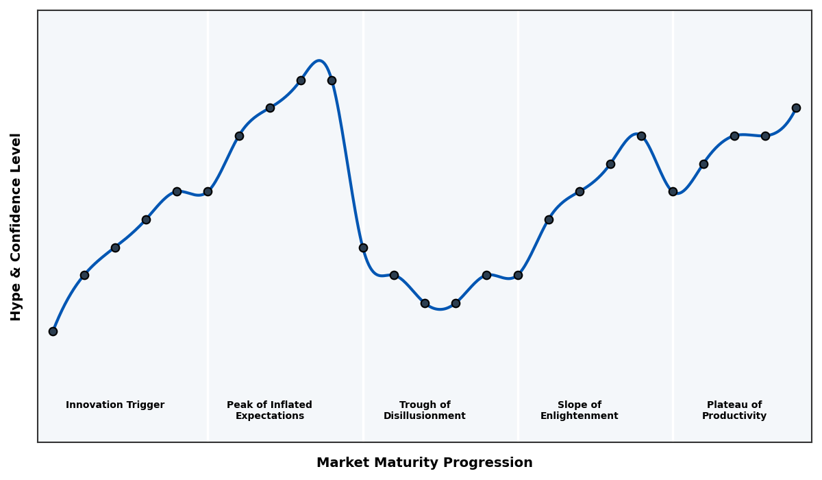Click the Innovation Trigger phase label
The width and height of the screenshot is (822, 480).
click(115, 405)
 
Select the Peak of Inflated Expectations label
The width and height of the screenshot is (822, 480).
click(269, 410)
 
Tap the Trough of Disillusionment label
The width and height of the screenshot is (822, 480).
click(425, 410)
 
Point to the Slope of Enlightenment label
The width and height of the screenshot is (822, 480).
click(579, 410)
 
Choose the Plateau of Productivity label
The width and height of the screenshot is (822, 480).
click(734, 410)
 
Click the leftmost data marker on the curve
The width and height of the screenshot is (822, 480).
click(53, 331)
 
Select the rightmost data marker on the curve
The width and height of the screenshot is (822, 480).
click(796, 108)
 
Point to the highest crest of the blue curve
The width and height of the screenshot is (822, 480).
click(319, 60)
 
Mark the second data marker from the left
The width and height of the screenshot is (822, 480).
click(84, 275)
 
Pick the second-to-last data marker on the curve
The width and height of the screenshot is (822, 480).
click(765, 136)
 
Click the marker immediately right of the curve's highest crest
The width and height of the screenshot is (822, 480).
click(332, 80)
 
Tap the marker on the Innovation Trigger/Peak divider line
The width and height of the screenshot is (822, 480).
click(208, 191)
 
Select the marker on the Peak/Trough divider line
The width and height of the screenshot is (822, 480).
click(363, 248)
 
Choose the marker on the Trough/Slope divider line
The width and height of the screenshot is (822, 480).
click(518, 275)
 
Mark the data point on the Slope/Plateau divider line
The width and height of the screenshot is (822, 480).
click(673, 191)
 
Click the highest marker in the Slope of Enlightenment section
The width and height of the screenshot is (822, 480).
click(641, 136)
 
